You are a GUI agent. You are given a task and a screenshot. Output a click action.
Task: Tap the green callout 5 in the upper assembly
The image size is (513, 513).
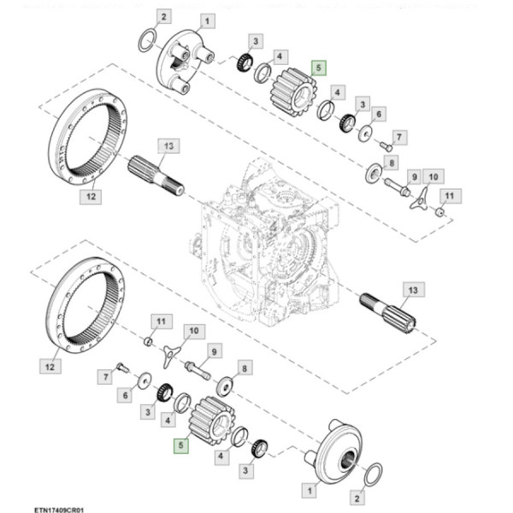click(318, 68)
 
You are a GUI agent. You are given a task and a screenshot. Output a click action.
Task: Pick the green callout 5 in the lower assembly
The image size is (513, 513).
click(181, 445)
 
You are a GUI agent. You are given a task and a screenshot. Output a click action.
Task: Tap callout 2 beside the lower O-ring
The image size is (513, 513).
click(358, 496)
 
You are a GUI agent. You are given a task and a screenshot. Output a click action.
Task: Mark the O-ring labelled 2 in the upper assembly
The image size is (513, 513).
click(147, 39)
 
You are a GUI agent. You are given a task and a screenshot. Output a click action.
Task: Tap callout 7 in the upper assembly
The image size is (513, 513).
click(400, 136)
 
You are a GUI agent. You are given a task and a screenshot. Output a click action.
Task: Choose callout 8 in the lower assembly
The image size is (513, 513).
click(245, 368)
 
